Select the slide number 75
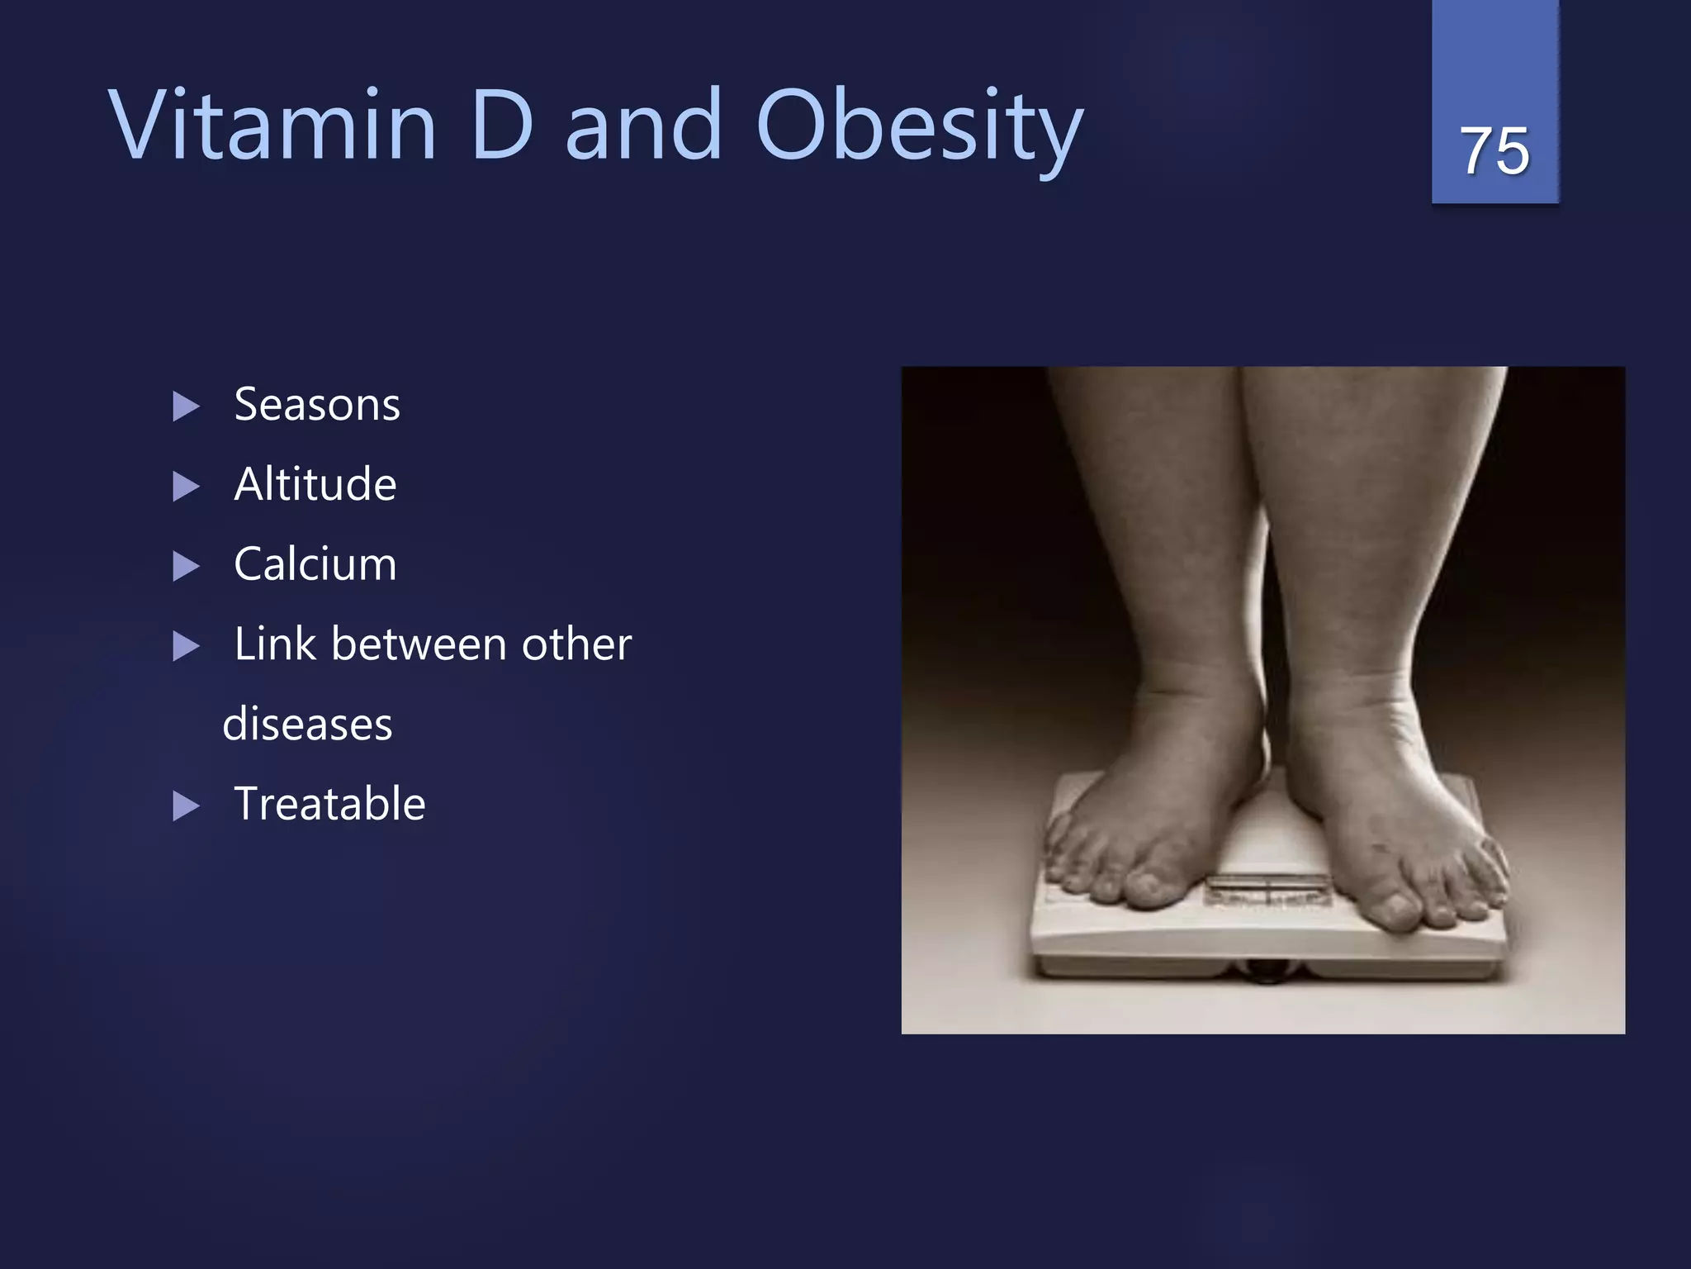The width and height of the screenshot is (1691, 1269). [1494, 151]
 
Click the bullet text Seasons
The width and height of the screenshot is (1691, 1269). [317, 405]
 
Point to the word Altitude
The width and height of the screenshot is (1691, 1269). [315, 484]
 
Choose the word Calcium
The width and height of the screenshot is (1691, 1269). [315, 564]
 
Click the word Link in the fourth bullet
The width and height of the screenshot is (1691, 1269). [275, 644]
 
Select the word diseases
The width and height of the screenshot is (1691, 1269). [307, 724]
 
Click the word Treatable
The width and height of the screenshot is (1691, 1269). [329, 804]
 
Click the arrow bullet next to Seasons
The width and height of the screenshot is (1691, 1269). [187, 406]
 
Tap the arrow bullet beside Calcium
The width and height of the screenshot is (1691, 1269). [187, 567]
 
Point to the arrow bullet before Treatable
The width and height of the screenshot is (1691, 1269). [187, 806]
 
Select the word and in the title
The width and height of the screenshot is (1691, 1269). [644, 126]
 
